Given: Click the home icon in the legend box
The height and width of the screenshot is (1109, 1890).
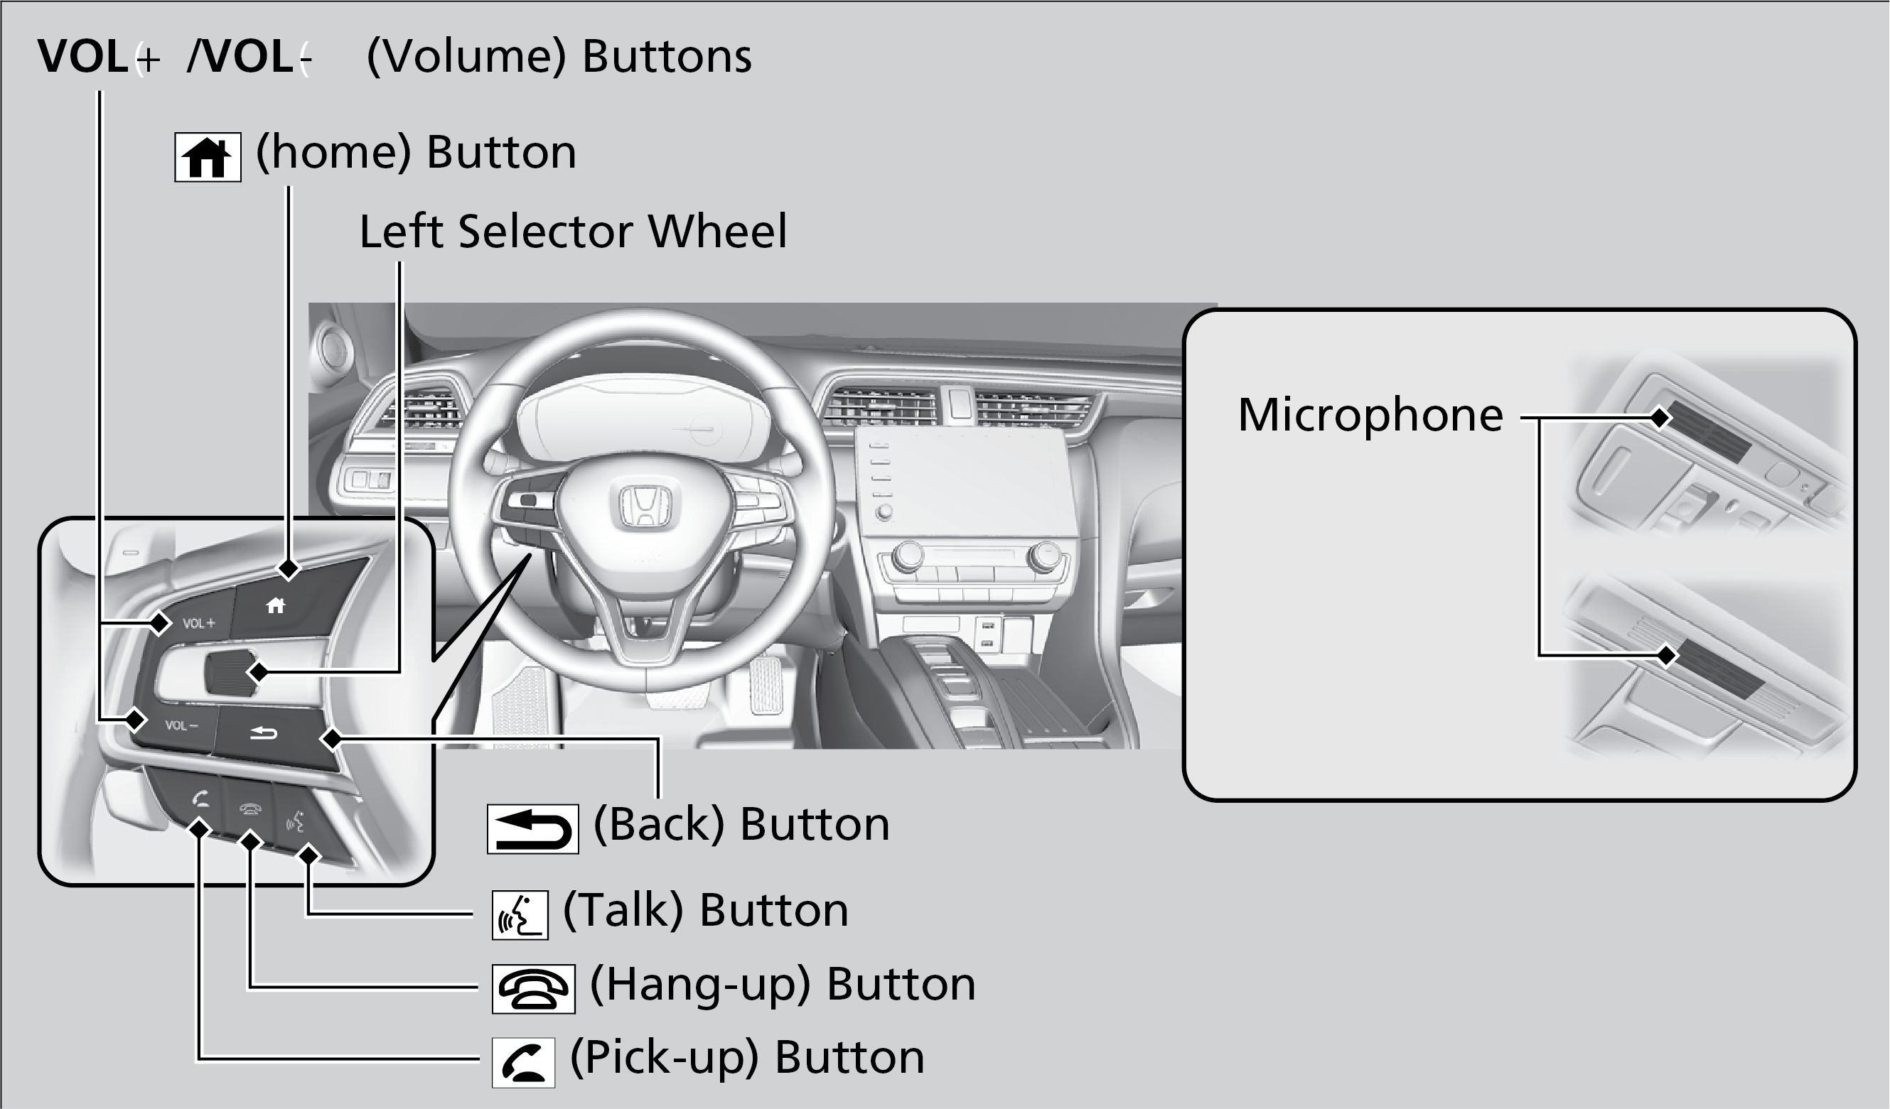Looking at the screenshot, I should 208,158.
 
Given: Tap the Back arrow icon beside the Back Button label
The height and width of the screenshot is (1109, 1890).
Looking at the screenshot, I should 532,828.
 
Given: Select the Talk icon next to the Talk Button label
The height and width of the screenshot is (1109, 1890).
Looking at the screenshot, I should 520,915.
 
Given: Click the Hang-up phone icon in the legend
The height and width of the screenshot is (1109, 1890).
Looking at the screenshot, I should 533,989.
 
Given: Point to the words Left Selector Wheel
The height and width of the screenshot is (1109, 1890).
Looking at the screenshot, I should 573,231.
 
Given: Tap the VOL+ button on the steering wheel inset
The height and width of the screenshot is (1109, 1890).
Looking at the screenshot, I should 198,623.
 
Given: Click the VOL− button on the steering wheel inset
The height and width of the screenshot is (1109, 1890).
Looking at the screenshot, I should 181,725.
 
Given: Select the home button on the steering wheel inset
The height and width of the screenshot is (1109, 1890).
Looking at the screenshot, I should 276,605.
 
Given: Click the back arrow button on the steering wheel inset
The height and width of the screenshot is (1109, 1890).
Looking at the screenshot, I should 264,732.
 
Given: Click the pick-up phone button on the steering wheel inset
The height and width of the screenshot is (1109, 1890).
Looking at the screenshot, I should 199,801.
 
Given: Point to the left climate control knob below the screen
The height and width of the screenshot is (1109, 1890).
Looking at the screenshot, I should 908,557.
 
